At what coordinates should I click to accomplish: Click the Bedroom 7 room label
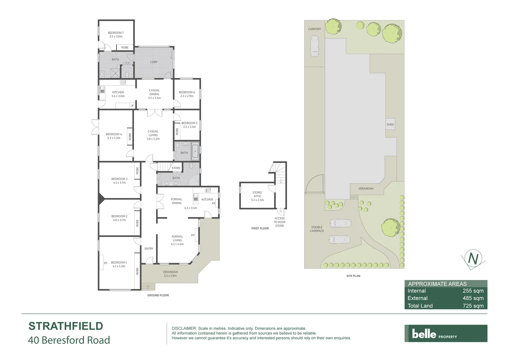[x=116, y=33]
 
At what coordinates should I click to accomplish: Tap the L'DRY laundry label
[x=154, y=62]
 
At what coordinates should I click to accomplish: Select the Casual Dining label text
[x=154, y=92]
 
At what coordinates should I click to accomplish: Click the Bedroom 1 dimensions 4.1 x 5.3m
[x=119, y=266]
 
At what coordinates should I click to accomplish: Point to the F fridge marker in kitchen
[x=132, y=106]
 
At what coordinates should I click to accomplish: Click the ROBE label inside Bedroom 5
[x=177, y=131]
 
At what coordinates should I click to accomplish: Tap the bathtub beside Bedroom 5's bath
[x=195, y=151]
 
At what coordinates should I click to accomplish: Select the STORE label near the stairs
[x=176, y=168]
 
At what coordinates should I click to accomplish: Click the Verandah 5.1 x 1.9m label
[x=170, y=274]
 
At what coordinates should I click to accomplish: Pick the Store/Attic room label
[x=257, y=194]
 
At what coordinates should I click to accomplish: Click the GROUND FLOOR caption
[x=158, y=295]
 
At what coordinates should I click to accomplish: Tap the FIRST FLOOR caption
[x=260, y=228]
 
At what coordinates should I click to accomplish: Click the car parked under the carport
[x=314, y=46]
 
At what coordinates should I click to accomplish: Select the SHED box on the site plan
[x=390, y=124]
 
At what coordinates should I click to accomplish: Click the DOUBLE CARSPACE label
[x=317, y=229]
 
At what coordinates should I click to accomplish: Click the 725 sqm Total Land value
[x=473, y=306]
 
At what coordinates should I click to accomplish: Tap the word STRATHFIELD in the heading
[x=66, y=326]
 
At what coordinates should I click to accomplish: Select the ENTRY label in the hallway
[x=149, y=249]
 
